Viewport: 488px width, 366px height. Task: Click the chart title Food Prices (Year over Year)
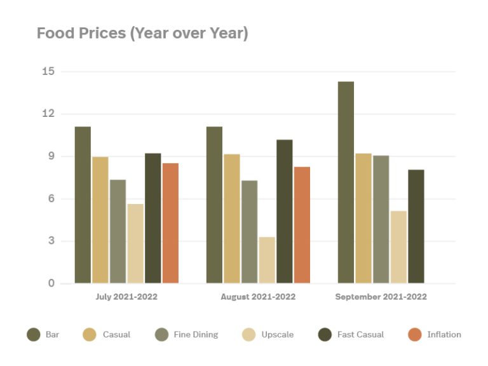142,33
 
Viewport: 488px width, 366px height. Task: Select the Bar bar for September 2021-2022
346,182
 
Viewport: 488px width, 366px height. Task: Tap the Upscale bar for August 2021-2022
267,260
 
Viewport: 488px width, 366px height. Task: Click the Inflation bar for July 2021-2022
170,223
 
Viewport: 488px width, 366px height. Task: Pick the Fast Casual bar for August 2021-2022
285,212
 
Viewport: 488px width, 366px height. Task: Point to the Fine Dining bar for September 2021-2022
381,219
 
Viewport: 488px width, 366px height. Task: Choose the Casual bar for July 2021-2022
100,220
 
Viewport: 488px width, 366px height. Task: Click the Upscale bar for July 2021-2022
135,243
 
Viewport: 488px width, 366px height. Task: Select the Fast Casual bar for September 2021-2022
416,226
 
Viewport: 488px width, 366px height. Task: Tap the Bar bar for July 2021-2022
83,205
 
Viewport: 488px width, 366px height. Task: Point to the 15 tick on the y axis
48,71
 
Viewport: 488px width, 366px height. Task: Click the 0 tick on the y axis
51,283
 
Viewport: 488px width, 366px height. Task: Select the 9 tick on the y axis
51,156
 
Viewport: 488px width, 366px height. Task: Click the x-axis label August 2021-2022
258,297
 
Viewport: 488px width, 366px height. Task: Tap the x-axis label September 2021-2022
381,297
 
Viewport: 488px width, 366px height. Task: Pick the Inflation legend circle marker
414,334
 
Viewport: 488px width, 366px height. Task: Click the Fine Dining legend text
196,334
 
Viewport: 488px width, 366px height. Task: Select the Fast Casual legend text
360,334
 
